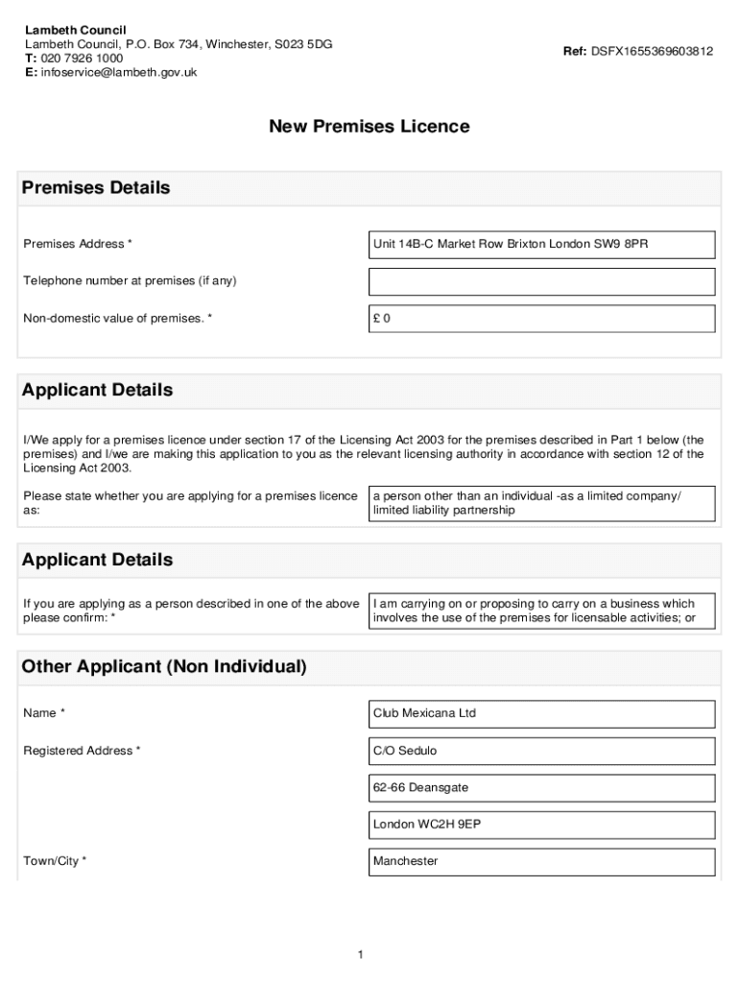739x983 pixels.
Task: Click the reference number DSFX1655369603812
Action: tap(652, 51)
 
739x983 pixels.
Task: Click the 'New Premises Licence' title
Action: tap(369, 127)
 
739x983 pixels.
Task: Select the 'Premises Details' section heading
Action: tap(96, 188)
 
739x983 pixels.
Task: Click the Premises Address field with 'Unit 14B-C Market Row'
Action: tap(542, 245)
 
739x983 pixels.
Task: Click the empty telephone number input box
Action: tap(542, 281)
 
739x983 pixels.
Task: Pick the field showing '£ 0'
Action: tap(542, 319)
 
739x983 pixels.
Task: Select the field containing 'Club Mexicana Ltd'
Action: tap(542, 714)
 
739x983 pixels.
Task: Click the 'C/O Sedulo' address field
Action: tap(542, 751)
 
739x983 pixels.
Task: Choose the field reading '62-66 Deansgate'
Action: tap(542, 788)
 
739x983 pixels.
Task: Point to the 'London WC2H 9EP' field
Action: tap(542, 825)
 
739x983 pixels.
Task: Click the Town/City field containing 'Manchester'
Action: tap(542, 862)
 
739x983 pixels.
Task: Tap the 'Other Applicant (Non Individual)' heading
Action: tap(164, 666)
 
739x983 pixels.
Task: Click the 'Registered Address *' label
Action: tap(82, 751)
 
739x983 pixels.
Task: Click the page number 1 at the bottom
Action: tap(359, 954)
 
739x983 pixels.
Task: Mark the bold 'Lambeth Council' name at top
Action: tap(76, 31)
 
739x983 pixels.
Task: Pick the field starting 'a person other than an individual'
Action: tap(542, 503)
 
